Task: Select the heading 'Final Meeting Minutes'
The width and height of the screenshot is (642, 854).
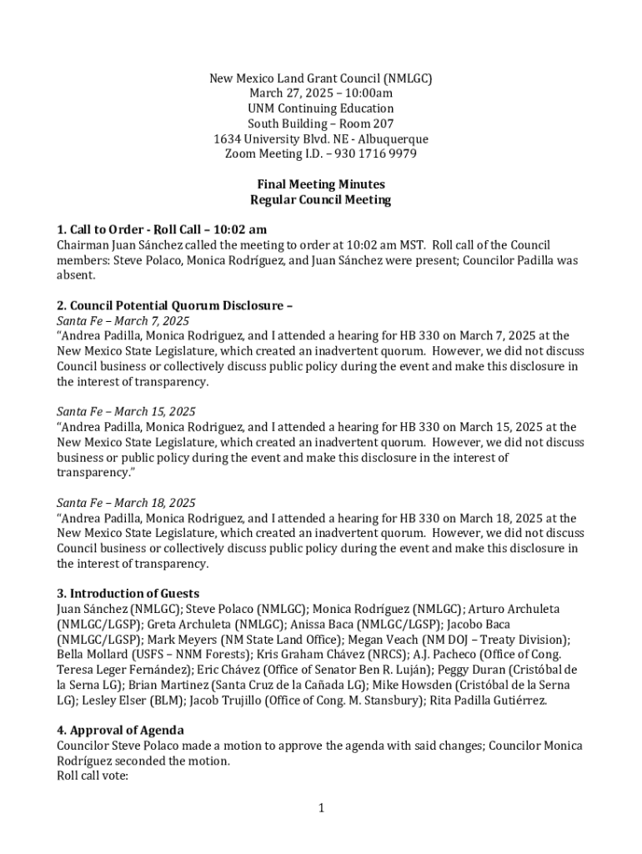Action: pos(320,184)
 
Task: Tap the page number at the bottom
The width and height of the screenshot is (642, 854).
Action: pos(320,807)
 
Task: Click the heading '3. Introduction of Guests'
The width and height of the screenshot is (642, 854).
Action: pos(128,594)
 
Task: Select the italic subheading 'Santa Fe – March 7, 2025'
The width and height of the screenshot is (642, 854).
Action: pos(123,321)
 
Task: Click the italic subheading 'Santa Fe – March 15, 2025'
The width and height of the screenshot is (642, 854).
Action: pos(126,412)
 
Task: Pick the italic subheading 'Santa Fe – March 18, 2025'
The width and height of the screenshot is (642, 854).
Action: pos(126,503)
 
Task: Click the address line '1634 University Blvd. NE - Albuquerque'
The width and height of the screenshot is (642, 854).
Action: pos(320,139)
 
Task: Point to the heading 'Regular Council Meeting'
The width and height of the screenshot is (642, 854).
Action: pos(320,200)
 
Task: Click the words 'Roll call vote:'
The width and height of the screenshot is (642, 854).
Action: pos(92,776)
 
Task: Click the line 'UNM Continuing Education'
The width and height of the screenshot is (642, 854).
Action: pos(320,109)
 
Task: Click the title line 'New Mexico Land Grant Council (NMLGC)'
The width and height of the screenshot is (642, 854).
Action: pos(320,79)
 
